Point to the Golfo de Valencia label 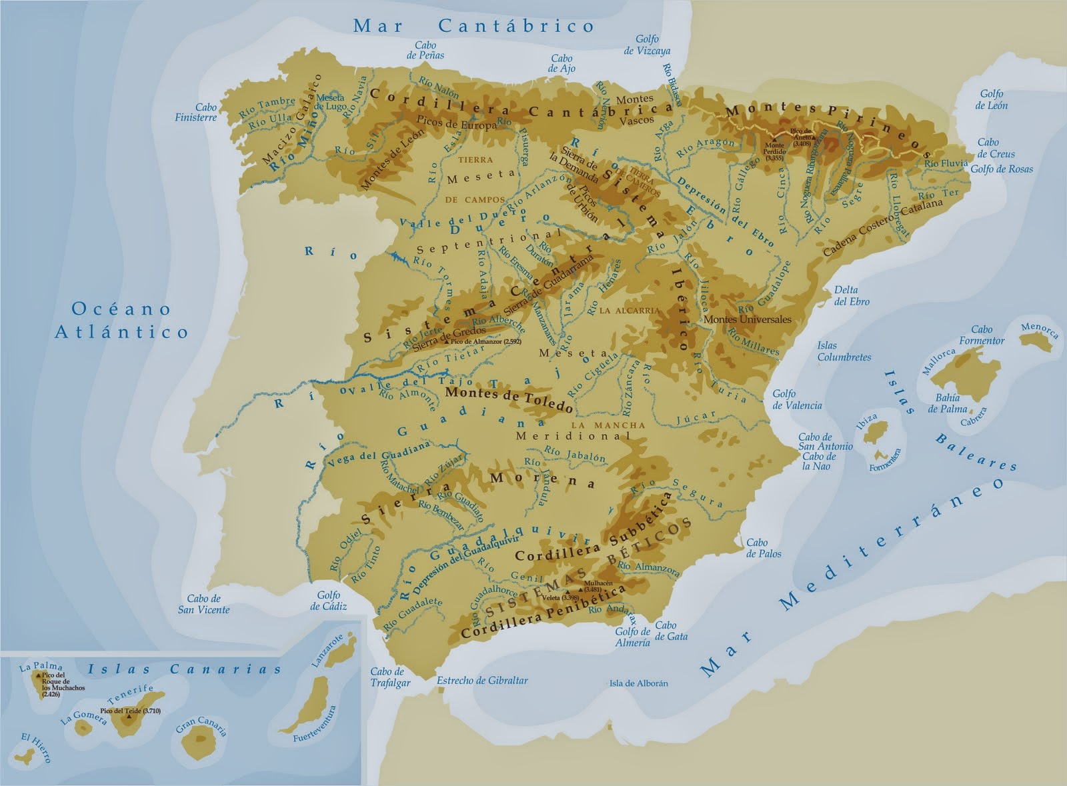(797, 399)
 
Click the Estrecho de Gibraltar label (482, 681)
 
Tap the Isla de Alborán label (638, 683)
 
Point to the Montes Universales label (748, 319)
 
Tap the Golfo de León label (992, 100)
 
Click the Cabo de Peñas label (425, 50)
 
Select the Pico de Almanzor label (485, 341)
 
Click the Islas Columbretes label (844, 351)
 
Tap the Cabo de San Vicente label (203, 604)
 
